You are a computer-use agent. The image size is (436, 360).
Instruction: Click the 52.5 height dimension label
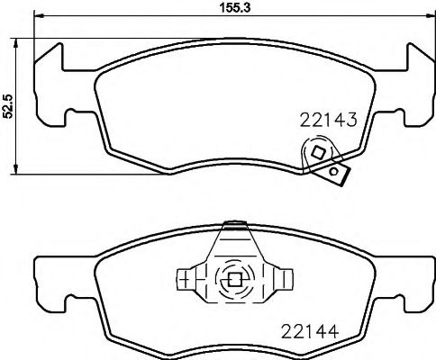tap(8, 106)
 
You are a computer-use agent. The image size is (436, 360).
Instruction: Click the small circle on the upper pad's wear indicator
tap(334, 170)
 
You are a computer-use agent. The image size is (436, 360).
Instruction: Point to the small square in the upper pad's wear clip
tap(316, 154)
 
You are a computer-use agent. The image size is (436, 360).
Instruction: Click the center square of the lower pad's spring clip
tap(235, 279)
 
